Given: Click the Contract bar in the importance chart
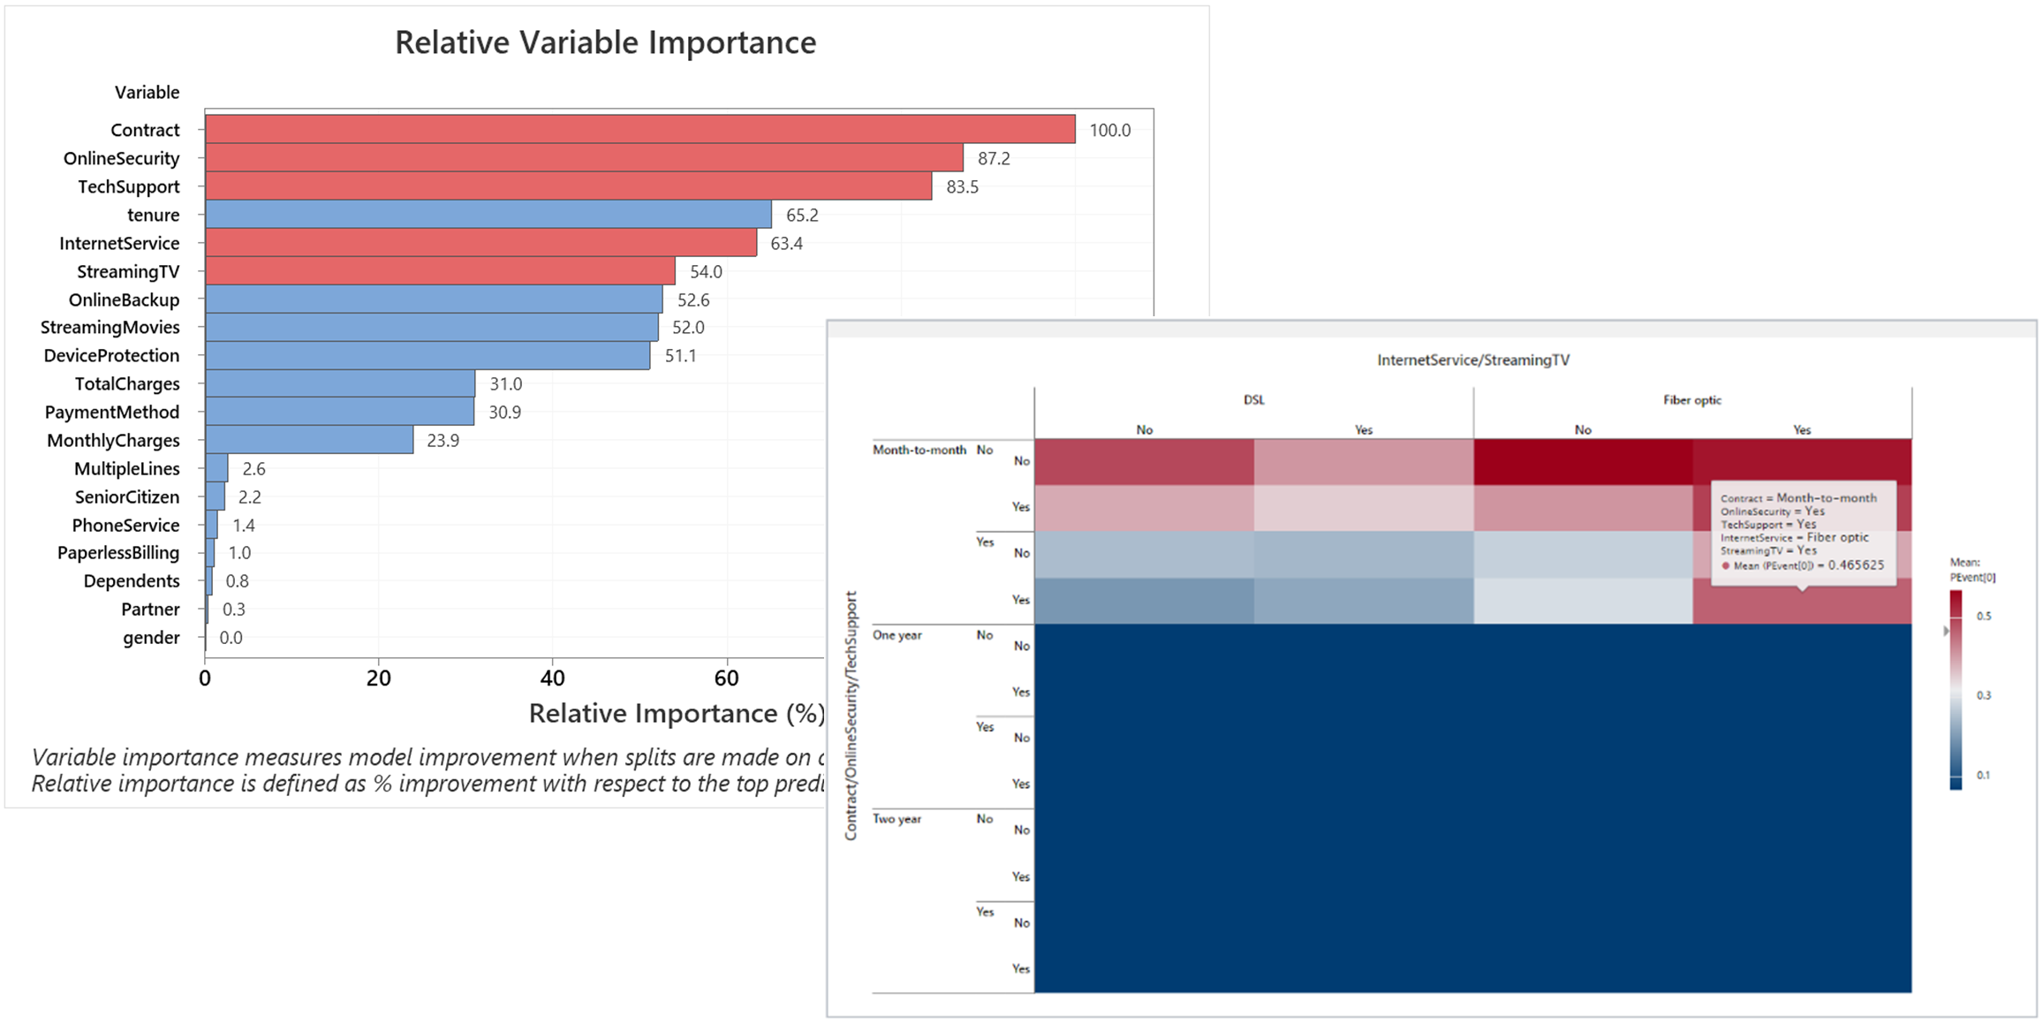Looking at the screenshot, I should click(x=639, y=129).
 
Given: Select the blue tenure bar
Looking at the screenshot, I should click(x=488, y=215).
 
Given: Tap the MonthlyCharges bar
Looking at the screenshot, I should click(x=309, y=440).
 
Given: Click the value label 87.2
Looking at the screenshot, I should click(x=994, y=158).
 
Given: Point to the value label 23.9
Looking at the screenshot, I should click(x=443, y=440).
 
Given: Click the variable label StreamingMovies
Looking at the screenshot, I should click(x=110, y=327).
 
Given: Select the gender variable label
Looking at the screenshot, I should click(x=151, y=637).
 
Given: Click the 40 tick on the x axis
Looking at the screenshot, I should click(x=552, y=678).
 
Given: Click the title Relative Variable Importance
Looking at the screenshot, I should click(x=605, y=42).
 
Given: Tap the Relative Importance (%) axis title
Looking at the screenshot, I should click(x=676, y=713).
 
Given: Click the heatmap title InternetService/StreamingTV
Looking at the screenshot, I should click(x=1472, y=360).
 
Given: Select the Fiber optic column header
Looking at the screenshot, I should click(x=1691, y=399).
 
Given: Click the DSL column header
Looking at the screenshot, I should click(x=1253, y=399).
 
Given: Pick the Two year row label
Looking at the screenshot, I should click(x=897, y=819).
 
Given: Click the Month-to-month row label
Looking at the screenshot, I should click(x=919, y=450).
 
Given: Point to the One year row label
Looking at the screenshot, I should click(x=897, y=634).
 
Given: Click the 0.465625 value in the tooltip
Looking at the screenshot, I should click(x=1855, y=565).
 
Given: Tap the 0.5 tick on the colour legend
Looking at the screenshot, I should click(x=1984, y=616).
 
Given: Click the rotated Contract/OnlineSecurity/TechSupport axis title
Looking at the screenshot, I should click(x=851, y=716).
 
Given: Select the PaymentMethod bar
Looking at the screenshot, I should click(x=339, y=412).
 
